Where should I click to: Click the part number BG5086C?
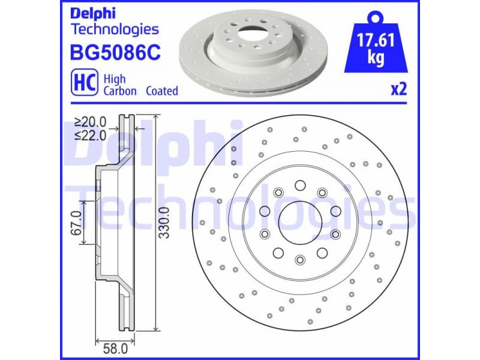(x=116, y=54)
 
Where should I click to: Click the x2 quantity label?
(x=399, y=89)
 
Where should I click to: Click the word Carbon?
(x=120, y=91)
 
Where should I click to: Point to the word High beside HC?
(x=115, y=78)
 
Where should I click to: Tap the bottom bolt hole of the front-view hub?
(x=299, y=259)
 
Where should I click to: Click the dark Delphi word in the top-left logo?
(x=95, y=13)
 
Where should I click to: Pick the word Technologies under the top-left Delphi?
(x=115, y=28)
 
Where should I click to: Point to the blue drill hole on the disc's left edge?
(x=233, y=162)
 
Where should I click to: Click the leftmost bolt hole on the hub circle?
(x=263, y=211)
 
